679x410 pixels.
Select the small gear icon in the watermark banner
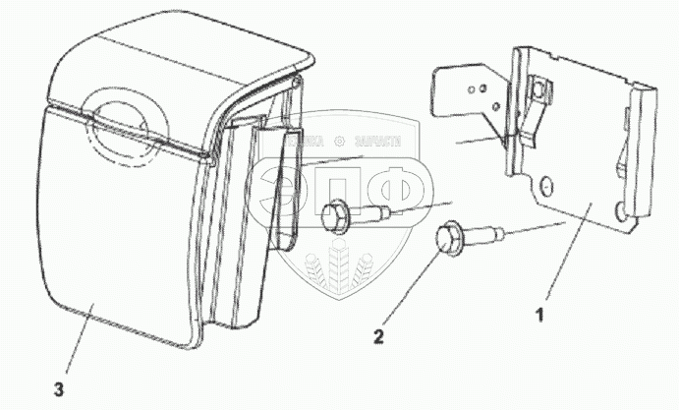[x=340, y=143]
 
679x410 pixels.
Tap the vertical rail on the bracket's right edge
[x=641, y=147]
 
